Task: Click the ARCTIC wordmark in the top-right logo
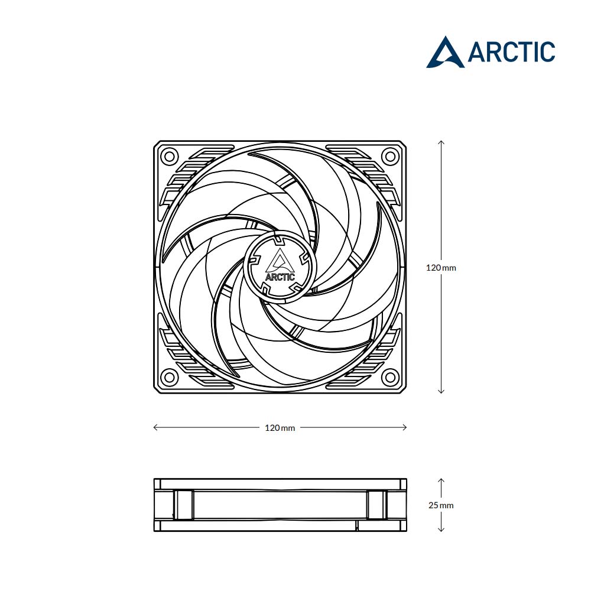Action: [511, 52]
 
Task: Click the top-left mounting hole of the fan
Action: [169, 156]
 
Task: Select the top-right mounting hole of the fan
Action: [391, 156]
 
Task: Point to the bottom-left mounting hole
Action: [169, 377]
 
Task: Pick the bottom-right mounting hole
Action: [391, 377]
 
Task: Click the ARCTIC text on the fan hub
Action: [280, 277]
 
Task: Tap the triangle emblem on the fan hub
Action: [280, 261]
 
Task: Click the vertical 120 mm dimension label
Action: [441, 268]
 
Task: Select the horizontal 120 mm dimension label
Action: [280, 428]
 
